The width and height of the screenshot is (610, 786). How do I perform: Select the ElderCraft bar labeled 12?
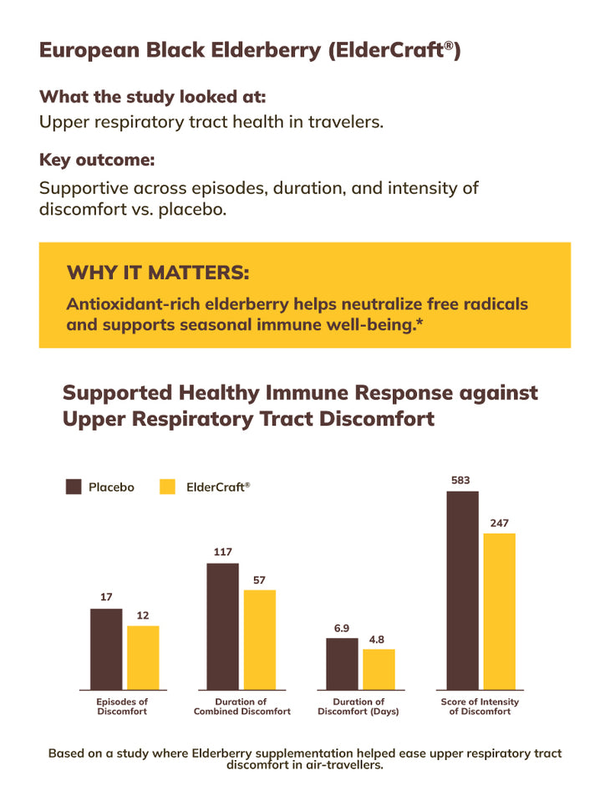click(x=143, y=657)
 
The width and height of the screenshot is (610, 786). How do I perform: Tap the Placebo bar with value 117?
click(x=222, y=626)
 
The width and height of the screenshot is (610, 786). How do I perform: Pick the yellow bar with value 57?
click(x=259, y=640)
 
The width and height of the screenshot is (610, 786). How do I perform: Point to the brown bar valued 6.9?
click(x=342, y=664)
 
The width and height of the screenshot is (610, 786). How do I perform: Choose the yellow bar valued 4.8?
click(x=379, y=669)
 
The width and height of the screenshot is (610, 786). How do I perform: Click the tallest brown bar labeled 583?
click(x=462, y=590)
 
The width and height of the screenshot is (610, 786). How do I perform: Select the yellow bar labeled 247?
click(x=499, y=611)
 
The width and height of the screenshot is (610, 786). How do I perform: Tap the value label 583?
click(x=460, y=481)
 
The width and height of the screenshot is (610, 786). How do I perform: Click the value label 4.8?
click(x=377, y=640)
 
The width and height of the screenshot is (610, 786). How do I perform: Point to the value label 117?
click(x=222, y=552)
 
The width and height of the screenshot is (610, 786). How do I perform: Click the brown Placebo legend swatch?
click(x=74, y=487)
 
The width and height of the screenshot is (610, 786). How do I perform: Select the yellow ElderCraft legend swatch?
click(x=168, y=487)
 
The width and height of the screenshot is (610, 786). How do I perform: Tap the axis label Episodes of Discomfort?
click(x=122, y=707)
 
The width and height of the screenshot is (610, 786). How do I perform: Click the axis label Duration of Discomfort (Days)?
click(x=358, y=707)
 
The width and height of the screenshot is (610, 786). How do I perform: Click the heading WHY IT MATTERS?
click(x=157, y=273)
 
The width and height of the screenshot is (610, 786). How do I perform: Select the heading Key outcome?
click(x=97, y=159)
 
